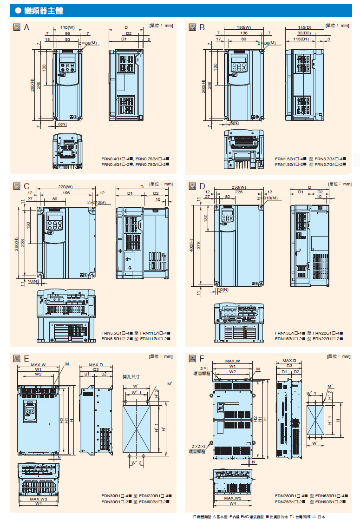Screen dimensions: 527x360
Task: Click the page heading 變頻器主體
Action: click(x=44, y=10)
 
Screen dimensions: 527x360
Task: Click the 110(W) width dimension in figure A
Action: click(x=67, y=27)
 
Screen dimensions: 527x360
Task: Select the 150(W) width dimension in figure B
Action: click(x=243, y=27)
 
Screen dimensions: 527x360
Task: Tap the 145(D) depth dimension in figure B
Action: click(x=304, y=27)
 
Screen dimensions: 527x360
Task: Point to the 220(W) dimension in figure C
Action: click(x=65, y=186)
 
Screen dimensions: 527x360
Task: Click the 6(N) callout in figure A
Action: click(x=62, y=125)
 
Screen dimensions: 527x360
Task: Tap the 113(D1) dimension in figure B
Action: click(x=301, y=40)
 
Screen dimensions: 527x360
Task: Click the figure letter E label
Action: click(x=26, y=358)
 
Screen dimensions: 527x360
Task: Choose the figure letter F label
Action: click(x=202, y=358)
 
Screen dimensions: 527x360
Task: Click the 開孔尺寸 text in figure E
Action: click(x=131, y=376)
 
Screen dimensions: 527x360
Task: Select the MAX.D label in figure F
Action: click(x=289, y=361)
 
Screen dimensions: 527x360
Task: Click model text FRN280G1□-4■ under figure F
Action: click(x=291, y=495)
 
